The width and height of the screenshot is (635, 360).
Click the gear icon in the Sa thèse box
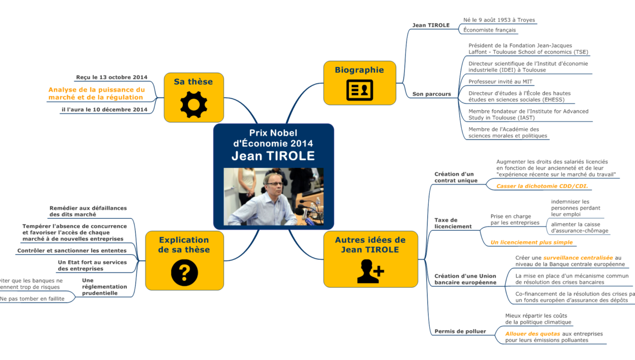click(194, 105)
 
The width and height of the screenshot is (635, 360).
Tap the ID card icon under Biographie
click(359, 90)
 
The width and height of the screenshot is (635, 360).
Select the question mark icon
click(184, 273)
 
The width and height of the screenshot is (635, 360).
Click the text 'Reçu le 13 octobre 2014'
click(112, 77)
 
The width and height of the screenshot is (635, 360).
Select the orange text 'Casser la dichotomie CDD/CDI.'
click(542, 186)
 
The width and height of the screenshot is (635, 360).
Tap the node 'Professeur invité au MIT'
click(500, 81)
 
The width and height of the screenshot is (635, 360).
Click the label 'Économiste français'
click(489, 30)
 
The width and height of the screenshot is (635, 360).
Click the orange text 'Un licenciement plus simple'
click(531, 242)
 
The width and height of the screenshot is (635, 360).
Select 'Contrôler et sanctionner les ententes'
click(72, 251)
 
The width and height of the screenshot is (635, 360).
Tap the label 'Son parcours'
click(431, 94)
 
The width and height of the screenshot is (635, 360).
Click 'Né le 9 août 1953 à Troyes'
click(499, 20)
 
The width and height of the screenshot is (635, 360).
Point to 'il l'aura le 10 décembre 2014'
click(104, 110)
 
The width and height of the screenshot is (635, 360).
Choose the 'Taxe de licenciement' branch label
click(453, 223)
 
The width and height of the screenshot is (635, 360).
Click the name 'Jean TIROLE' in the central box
click(273, 156)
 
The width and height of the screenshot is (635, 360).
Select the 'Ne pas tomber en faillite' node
click(33, 298)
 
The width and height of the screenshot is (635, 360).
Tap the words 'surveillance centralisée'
click(577, 257)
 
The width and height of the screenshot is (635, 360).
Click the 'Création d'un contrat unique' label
click(455, 177)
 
